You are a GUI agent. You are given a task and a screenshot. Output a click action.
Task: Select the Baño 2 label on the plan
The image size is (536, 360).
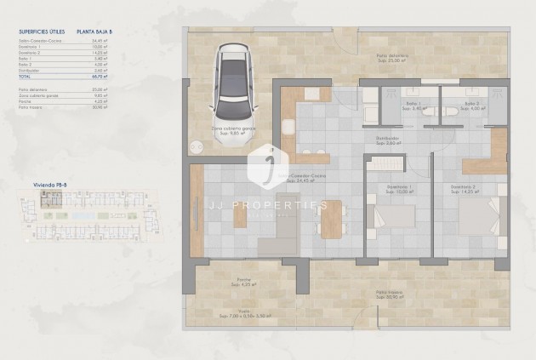[x=472, y=106]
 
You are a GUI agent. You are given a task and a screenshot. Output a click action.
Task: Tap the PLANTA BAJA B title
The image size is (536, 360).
[x=118, y=31]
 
